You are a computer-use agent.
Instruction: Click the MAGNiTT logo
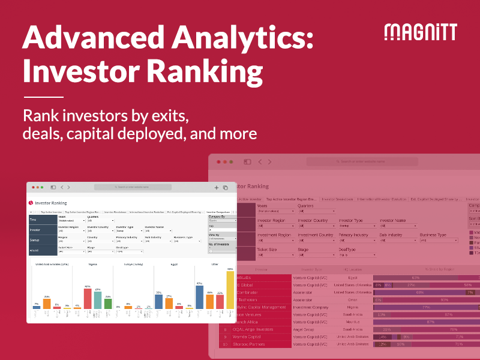[420, 32]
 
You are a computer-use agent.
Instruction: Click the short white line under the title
[43, 97]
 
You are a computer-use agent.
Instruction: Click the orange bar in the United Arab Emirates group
[47, 304]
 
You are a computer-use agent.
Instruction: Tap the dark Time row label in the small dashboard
[42, 220]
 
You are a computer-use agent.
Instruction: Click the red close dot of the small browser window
[34, 187]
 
